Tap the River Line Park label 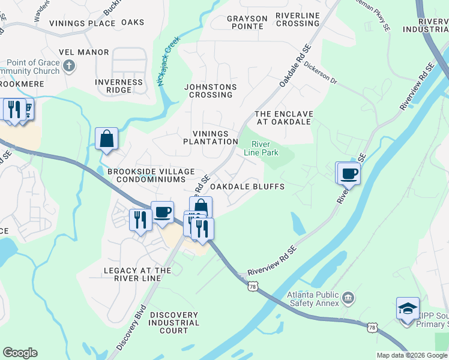click(261, 148)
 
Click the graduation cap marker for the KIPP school click(408, 309)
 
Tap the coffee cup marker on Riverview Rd click(349, 173)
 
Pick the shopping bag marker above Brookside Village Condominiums click(106, 139)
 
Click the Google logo click(20, 353)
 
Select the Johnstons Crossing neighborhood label click(210, 91)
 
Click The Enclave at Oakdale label click(283, 118)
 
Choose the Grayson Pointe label click(246, 22)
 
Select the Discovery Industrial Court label click(173, 323)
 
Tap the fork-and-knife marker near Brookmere click(12, 109)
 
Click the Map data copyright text click(411, 355)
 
